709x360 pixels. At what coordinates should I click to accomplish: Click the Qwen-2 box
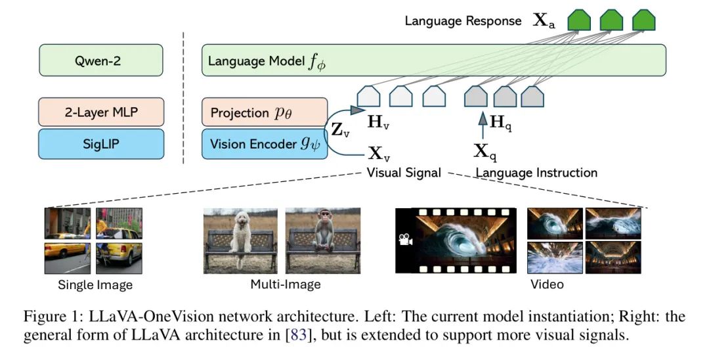click(x=101, y=62)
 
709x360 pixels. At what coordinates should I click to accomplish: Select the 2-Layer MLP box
click(x=101, y=112)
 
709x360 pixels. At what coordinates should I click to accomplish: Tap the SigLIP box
click(x=101, y=143)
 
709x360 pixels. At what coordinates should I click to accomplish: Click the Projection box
click(x=265, y=112)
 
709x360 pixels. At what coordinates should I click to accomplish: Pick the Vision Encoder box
click(x=265, y=143)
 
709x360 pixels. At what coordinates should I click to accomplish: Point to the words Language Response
click(x=463, y=20)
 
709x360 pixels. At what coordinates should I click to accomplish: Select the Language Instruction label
click(x=536, y=173)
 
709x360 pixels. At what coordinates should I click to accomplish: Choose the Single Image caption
click(x=95, y=285)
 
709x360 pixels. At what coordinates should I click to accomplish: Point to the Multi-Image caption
click(x=286, y=284)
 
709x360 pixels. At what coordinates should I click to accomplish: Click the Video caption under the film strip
click(x=547, y=284)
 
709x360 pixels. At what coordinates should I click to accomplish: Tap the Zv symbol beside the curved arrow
click(x=340, y=129)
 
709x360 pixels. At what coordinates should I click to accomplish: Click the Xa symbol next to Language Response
click(x=543, y=20)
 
